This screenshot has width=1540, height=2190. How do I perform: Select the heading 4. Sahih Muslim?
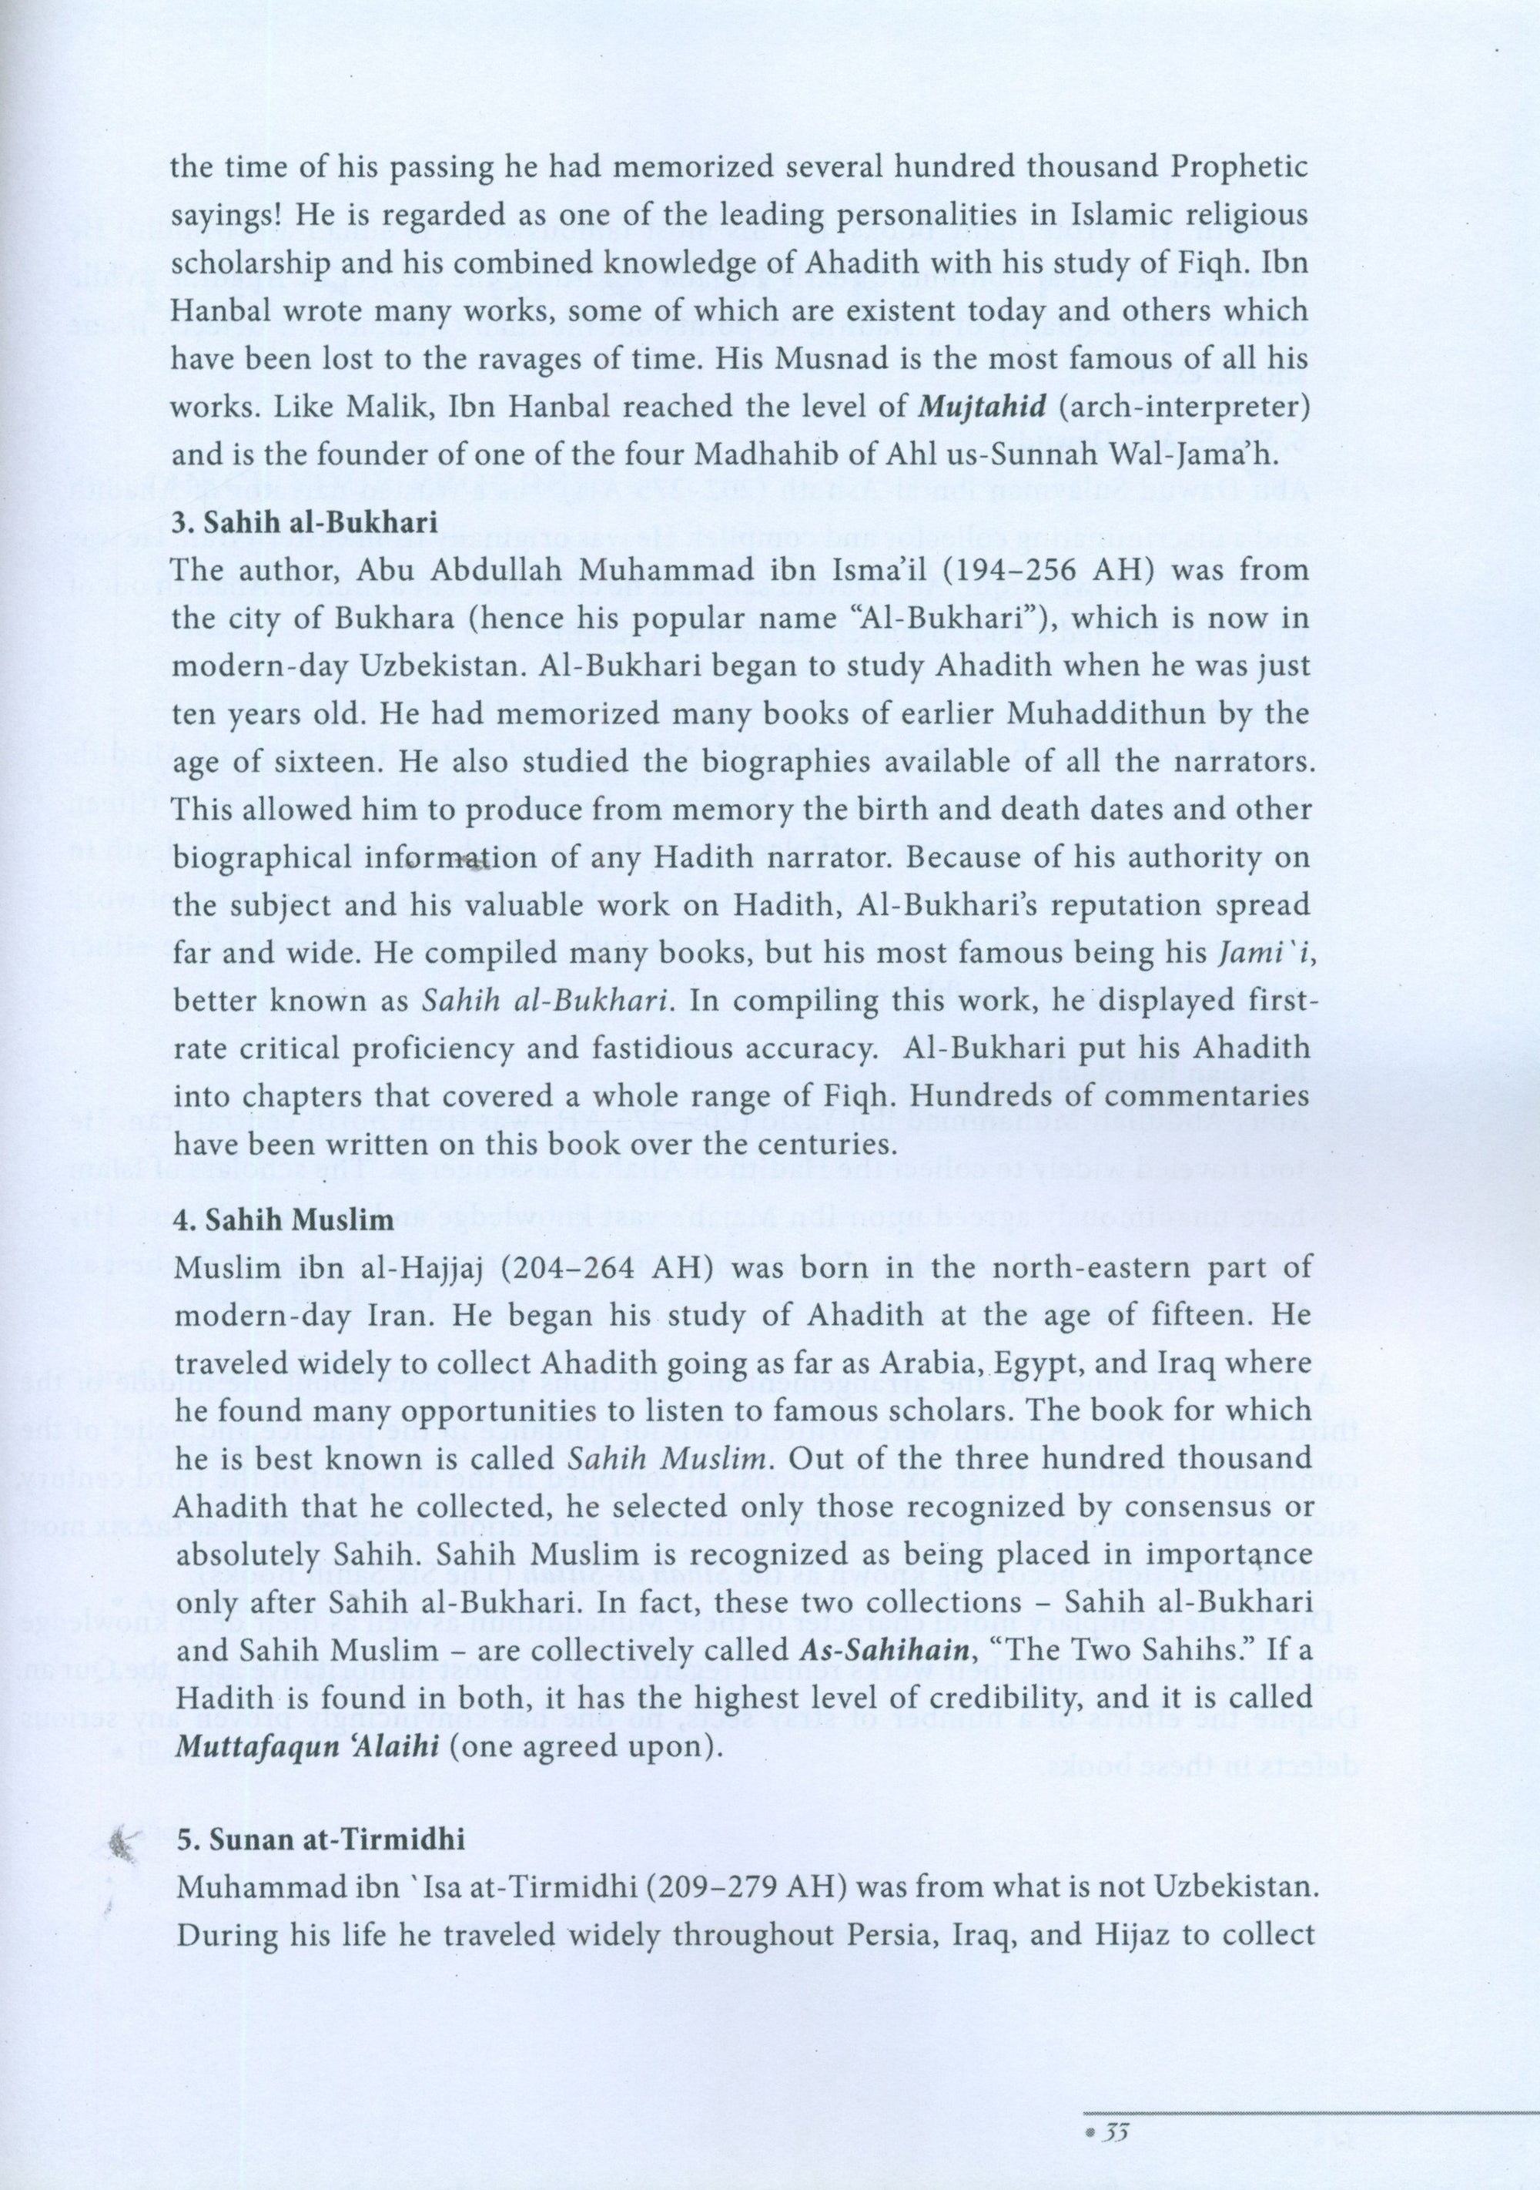pyautogui.click(x=269, y=1221)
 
